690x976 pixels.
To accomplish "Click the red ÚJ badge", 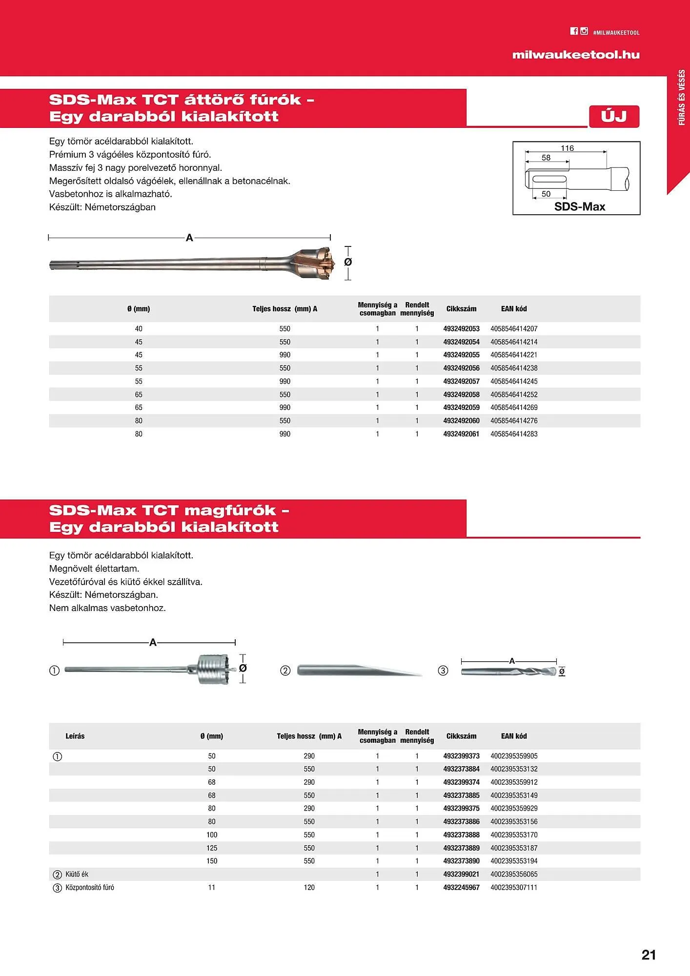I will [614, 117].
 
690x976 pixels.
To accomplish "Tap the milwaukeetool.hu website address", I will [575, 55].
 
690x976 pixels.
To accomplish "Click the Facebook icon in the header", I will [574, 31].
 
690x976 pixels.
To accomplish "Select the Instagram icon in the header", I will [584, 31].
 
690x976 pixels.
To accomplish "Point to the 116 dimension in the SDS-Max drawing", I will [567, 148].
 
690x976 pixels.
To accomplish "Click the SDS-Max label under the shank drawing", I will [579, 206].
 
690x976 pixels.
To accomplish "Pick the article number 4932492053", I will [461, 329].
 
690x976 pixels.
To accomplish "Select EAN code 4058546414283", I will [514, 434].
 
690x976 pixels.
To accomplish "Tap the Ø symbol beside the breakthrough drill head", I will [348, 263].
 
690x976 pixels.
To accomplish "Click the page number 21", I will [648, 955].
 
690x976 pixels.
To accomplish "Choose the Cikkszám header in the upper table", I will [461, 309].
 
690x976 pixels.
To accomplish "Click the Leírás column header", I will [75, 736].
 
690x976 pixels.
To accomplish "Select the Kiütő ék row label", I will [77, 874].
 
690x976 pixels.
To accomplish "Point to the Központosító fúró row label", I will [90, 887].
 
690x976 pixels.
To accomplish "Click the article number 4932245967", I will [461, 887].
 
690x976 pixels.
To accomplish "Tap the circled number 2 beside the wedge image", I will [285, 671].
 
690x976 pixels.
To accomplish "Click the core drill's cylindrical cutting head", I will [213, 669].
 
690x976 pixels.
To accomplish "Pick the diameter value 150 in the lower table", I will [212, 861].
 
